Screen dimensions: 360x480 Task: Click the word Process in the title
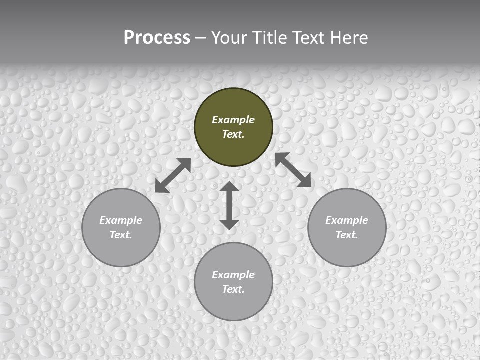pyautogui.click(x=157, y=38)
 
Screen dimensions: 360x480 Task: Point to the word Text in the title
pyautogui.click(x=310, y=38)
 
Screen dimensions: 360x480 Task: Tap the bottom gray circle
pyautogui.click(x=233, y=305)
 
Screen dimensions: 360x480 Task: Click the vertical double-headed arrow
pyautogui.click(x=229, y=205)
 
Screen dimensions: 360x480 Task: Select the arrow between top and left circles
pyautogui.click(x=173, y=175)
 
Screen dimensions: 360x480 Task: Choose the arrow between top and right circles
pyautogui.click(x=293, y=170)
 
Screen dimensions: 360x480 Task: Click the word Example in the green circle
pyautogui.click(x=233, y=120)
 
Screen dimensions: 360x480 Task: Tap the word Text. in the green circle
pyautogui.click(x=233, y=134)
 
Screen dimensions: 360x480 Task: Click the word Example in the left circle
pyautogui.click(x=121, y=220)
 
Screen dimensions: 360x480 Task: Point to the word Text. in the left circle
pyautogui.click(x=121, y=235)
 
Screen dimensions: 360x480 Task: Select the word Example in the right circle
pyautogui.click(x=347, y=220)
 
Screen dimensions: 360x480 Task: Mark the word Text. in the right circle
pyautogui.click(x=347, y=235)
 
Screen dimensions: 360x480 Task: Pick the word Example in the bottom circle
pyautogui.click(x=233, y=275)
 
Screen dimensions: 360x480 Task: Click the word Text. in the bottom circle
pyautogui.click(x=233, y=289)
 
